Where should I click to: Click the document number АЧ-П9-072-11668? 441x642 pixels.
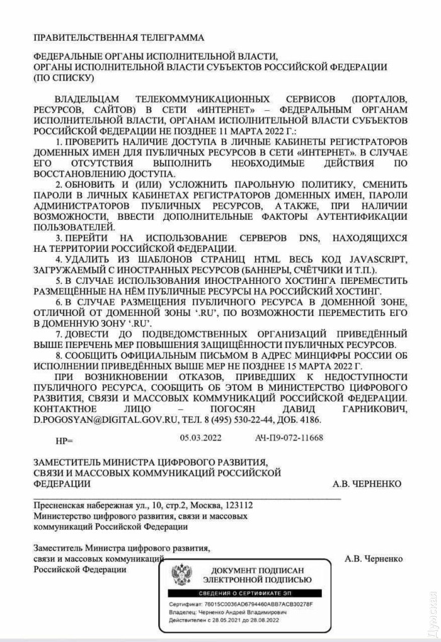[x=289, y=437]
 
